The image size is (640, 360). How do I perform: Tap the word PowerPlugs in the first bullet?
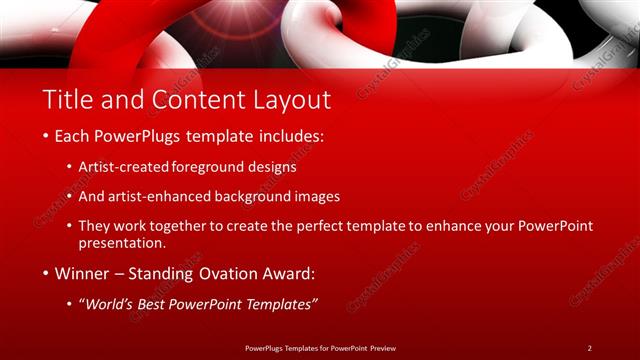click(136, 135)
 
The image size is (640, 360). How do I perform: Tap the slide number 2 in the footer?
click(589, 347)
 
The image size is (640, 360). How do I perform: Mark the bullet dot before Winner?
click(46, 273)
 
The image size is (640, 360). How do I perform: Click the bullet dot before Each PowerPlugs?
click(46, 135)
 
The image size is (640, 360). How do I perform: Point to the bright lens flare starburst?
click(205, 22)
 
